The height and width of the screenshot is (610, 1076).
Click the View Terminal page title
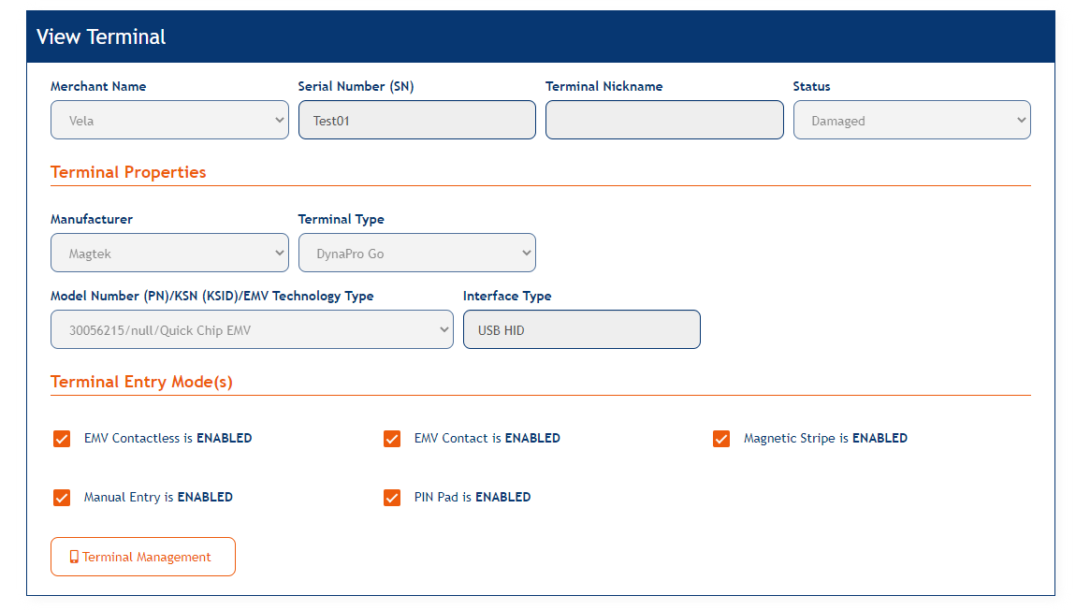pyautogui.click(x=101, y=37)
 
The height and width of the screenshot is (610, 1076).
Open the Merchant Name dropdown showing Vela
pyautogui.click(x=169, y=121)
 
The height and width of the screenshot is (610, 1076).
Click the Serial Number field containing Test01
pyautogui.click(x=416, y=121)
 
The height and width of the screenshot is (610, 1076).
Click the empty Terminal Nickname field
pyautogui.click(x=664, y=121)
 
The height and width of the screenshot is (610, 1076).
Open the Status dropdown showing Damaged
pyautogui.click(x=911, y=121)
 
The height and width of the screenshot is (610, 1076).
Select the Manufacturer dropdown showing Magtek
pyautogui.click(x=169, y=254)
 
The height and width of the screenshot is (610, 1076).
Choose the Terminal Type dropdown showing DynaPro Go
pyautogui.click(x=416, y=254)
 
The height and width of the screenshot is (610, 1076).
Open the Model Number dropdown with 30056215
pyautogui.click(x=252, y=330)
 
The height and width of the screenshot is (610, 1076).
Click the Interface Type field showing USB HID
pyautogui.click(x=581, y=330)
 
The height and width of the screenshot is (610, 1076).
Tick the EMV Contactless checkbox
pyautogui.click(x=62, y=439)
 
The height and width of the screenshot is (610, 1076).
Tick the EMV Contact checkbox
pyautogui.click(x=392, y=439)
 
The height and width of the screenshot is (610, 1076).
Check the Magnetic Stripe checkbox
pyautogui.click(x=721, y=439)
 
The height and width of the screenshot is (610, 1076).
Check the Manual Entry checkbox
pyautogui.click(x=62, y=498)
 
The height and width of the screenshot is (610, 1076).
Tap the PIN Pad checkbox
pyautogui.click(x=392, y=498)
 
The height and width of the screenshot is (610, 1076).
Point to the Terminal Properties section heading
pyautogui.click(x=128, y=172)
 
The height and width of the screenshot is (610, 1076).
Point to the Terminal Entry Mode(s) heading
pyautogui.click(x=141, y=382)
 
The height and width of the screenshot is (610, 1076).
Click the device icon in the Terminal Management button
pyautogui.click(x=74, y=557)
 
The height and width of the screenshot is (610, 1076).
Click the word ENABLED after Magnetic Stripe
pyautogui.click(x=880, y=438)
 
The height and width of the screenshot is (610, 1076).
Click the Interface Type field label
pyautogui.click(x=507, y=296)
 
